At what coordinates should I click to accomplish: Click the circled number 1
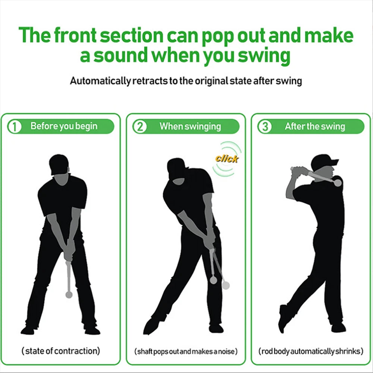(x=15, y=126)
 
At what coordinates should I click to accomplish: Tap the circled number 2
(x=140, y=126)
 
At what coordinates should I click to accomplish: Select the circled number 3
(x=265, y=126)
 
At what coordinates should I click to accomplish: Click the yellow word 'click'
(x=227, y=159)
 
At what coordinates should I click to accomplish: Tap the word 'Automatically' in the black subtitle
(x=100, y=81)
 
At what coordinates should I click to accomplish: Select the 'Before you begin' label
(x=64, y=126)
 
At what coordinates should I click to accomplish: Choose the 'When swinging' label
(x=190, y=126)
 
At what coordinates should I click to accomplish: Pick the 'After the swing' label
(x=315, y=126)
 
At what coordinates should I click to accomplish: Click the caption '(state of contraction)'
(x=61, y=351)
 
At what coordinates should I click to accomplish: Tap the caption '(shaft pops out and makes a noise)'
(x=186, y=351)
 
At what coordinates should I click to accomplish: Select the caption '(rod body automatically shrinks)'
(x=311, y=351)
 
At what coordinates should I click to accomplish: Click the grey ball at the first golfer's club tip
(x=69, y=295)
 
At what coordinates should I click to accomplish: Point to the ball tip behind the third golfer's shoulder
(x=338, y=183)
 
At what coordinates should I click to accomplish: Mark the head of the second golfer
(x=177, y=170)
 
